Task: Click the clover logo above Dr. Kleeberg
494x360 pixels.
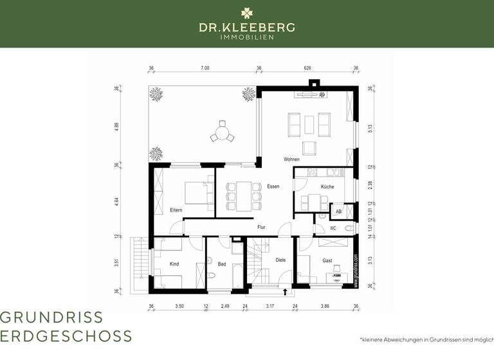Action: [x=247, y=12]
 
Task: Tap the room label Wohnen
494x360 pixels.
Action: [x=291, y=159]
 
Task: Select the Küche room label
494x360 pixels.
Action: [x=327, y=186]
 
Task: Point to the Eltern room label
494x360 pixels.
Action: [x=176, y=210]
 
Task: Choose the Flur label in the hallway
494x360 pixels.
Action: [x=261, y=227]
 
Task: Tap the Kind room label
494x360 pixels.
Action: [x=174, y=264]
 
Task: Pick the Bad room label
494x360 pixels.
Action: [x=221, y=264]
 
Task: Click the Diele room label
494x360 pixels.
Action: [x=280, y=260]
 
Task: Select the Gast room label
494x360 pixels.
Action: [x=327, y=260]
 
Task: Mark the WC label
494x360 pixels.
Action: [x=333, y=228]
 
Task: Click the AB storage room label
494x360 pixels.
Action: [x=338, y=211]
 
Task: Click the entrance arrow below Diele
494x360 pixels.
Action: [x=285, y=291]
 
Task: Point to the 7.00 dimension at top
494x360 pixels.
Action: [x=205, y=68]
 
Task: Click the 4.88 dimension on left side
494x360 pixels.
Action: [x=117, y=127]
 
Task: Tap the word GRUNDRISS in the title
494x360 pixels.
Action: [x=51, y=317]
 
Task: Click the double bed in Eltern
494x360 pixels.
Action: [x=196, y=192]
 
